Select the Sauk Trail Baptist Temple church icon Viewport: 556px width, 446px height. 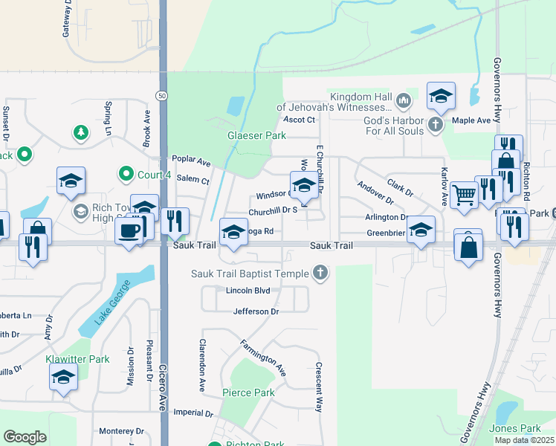320,274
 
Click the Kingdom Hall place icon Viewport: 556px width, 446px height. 403,100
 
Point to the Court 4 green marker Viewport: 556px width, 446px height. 125,175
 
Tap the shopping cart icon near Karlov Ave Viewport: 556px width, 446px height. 464,195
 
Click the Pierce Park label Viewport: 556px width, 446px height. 248,392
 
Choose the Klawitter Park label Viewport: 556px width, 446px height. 78,359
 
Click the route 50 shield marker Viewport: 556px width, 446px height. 161,95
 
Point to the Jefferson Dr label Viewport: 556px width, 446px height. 256,311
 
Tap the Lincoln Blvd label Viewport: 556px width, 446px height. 248,291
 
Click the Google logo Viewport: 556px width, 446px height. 25,437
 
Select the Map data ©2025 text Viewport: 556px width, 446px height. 524,440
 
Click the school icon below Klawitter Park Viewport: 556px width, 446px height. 63,377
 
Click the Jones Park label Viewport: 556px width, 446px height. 515,428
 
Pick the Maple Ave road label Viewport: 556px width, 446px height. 471,120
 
